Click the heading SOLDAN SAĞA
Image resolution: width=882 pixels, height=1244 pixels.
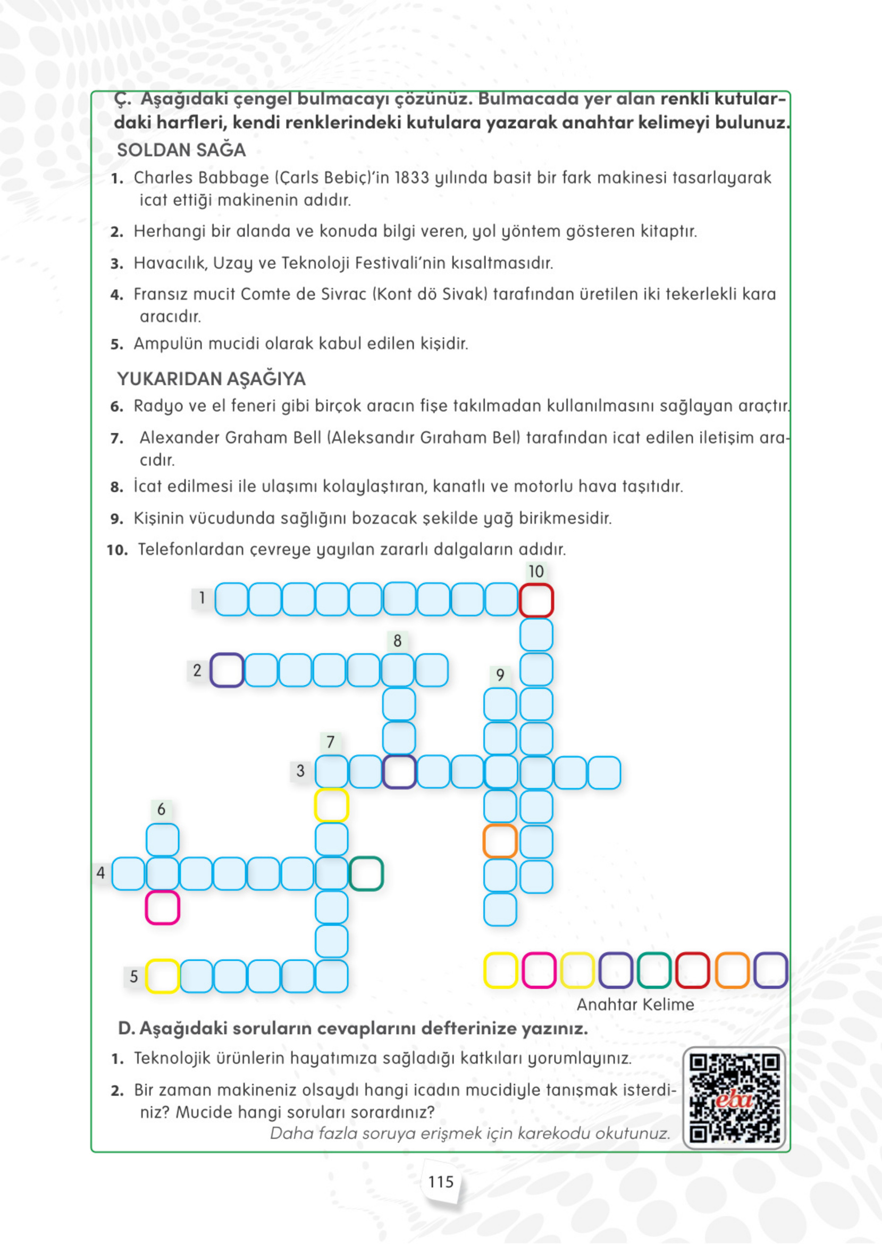tap(181, 150)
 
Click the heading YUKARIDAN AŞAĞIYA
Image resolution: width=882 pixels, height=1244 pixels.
tap(211, 379)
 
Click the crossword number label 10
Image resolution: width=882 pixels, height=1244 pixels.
tap(535, 571)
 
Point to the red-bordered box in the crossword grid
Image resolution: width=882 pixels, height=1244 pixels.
tap(536, 600)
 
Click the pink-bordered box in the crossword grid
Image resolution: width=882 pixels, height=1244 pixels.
tap(162, 907)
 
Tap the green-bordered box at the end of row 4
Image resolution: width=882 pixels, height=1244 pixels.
tap(366, 873)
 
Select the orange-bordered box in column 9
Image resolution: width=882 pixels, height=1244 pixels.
tap(500, 841)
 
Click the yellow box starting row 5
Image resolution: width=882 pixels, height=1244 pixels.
tap(162, 976)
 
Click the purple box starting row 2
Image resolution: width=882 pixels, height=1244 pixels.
tap(226, 670)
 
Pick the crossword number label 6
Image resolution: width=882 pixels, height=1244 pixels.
tap(161, 810)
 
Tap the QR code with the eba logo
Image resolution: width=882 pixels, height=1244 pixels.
tap(734, 1099)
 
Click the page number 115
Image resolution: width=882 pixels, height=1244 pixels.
tap(440, 1182)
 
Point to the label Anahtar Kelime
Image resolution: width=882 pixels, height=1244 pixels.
tap(635, 1005)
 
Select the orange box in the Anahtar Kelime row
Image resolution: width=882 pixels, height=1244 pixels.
tap(732, 970)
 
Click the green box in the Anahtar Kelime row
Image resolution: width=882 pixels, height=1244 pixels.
tap(654, 970)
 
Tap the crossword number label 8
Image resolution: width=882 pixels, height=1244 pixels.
tap(398, 641)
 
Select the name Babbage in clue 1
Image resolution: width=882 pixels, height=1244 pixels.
tap(239, 178)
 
